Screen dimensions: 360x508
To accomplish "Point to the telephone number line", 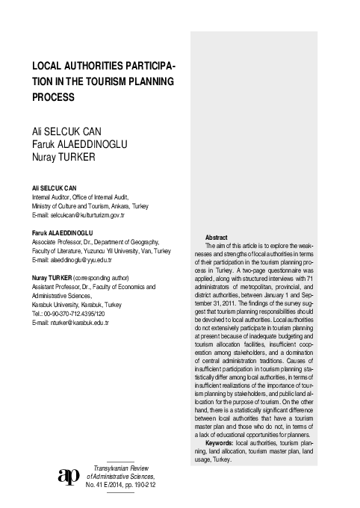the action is click(74, 314).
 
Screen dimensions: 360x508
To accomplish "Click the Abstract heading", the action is click(217, 237).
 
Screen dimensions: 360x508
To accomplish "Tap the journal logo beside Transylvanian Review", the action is click(69, 476).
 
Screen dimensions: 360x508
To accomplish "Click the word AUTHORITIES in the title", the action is click(99, 66).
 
